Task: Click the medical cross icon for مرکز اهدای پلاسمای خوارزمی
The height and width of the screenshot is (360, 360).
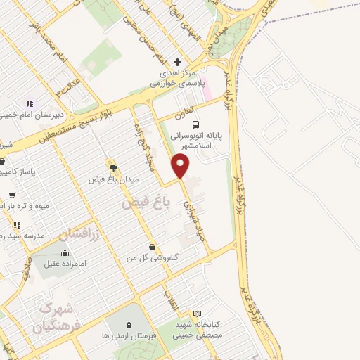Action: pos(178,63)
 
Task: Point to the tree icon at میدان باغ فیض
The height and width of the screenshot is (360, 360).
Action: pos(112,167)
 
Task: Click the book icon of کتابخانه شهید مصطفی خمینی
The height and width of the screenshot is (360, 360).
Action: pos(198,313)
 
